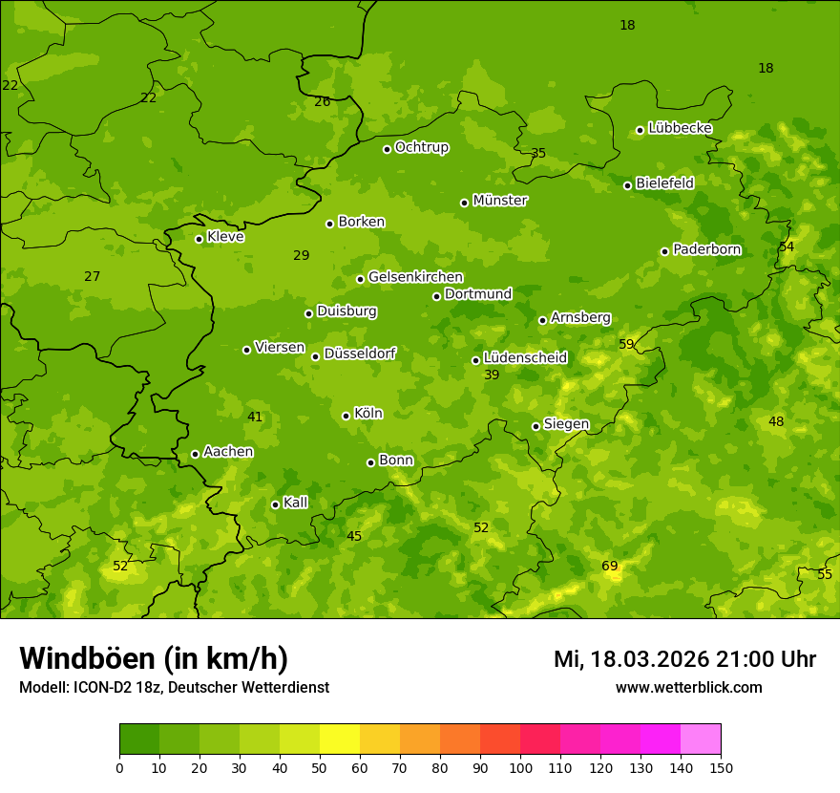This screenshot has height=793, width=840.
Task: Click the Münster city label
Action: point(499,201)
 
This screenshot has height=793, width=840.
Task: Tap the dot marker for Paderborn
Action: point(664,251)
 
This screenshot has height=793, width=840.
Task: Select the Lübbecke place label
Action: point(680,128)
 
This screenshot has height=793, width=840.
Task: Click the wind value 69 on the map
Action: point(610,567)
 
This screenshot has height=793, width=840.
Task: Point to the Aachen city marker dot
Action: point(195,454)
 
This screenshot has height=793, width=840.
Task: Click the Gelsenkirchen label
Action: point(415,277)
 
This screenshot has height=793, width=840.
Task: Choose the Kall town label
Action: point(295,503)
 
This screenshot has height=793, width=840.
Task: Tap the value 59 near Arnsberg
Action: point(626,344)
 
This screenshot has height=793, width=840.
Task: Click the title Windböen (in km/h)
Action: point(154,658)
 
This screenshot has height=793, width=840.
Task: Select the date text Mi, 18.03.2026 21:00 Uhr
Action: point(684,659)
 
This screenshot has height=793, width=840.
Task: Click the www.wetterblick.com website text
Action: point(688,688)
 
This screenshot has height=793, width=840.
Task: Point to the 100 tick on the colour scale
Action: point(520,767)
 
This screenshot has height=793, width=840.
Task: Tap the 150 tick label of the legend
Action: point(721,767)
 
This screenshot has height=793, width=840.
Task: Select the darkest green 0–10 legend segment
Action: point(139,739)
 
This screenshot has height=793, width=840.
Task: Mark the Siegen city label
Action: point(566,424)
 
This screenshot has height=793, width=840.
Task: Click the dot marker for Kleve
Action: point(199,239)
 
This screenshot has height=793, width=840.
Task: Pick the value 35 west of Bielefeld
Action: point(538,154)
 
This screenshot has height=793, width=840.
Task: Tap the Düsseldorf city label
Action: point(360,354)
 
